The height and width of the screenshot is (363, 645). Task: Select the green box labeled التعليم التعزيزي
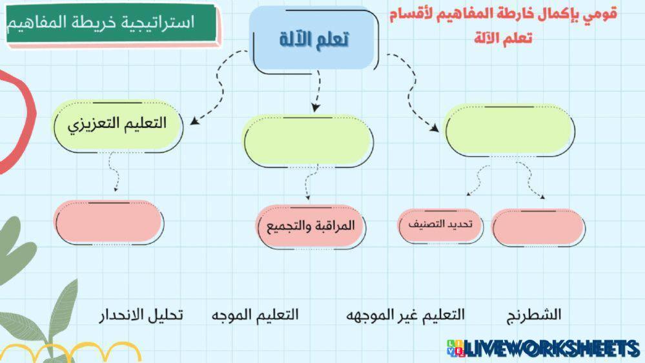coord(118,125)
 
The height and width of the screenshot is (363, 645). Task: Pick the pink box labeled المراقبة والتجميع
coord(310,225)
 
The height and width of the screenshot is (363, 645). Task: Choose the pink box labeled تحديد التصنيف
coord(440,225)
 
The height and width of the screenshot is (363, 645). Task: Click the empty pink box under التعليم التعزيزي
coord(108,222)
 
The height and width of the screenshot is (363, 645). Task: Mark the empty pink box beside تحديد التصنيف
coord(538,227)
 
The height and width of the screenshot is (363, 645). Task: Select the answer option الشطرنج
coord(533,315)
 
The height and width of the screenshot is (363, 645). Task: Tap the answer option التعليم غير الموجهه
coord(405,315)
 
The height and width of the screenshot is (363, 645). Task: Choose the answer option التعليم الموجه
coord(255,315)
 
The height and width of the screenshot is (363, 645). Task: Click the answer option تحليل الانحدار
coord(141,315)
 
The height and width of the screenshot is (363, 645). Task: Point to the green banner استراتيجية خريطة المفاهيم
coord(111,23)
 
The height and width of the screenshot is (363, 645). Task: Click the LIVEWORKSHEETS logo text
coord(543,348)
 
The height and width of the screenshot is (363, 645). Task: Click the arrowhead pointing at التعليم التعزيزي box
coord(194,121)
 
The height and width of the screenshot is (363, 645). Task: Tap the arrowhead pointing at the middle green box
coord(316,107)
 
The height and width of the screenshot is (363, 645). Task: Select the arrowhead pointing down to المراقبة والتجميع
coord(308,198)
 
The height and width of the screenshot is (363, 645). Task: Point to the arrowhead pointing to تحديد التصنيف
coord(469,194)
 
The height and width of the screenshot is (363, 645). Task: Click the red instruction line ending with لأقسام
coord(503,14)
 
